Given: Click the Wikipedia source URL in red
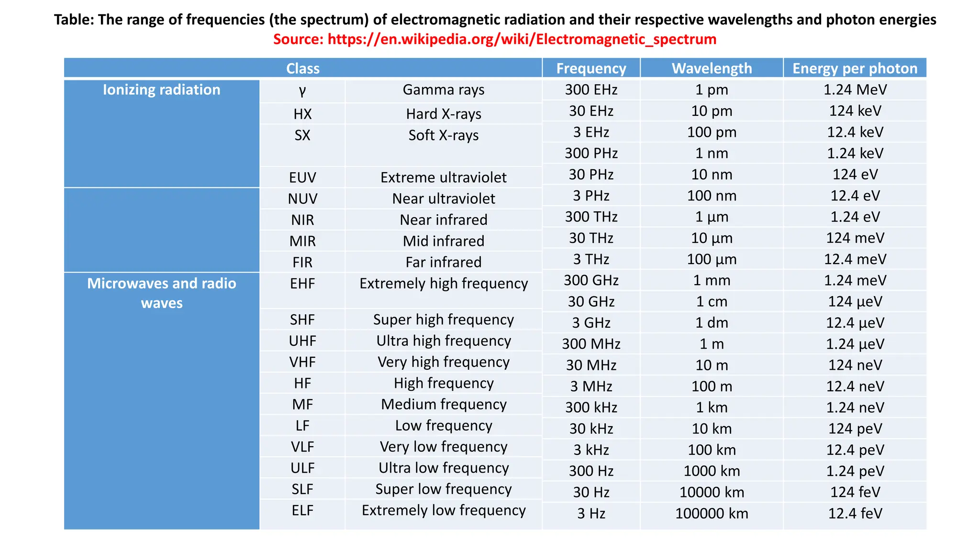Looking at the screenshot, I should pos(522,39).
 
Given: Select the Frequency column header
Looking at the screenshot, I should pos(591,68).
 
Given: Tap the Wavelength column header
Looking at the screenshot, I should pos(712,68).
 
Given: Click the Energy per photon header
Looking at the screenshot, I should pos(855,68).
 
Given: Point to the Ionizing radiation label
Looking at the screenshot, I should pos(162,90).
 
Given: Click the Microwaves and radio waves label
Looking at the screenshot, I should pos(162,293).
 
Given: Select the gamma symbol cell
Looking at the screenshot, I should pos(302,90).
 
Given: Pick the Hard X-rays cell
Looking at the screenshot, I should pos(444,114).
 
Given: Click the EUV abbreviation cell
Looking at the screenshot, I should pos(302,177).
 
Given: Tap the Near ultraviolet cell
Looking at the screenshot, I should pos(444,198).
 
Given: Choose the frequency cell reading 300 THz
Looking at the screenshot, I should pos(591,217).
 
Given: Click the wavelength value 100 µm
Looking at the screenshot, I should pos(712,259).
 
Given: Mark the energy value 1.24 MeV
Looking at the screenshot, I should pos(855,89).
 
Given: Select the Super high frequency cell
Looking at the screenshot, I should pos(444,320).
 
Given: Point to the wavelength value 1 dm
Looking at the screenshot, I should pos(712,323).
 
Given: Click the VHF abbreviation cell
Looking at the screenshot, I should pos(302,362).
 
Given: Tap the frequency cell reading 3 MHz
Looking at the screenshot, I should pos(591,386).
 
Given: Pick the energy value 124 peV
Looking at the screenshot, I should pos(855,429).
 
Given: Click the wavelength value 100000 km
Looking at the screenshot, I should pos(712,513).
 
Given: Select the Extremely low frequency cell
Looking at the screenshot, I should pos(444,510).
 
